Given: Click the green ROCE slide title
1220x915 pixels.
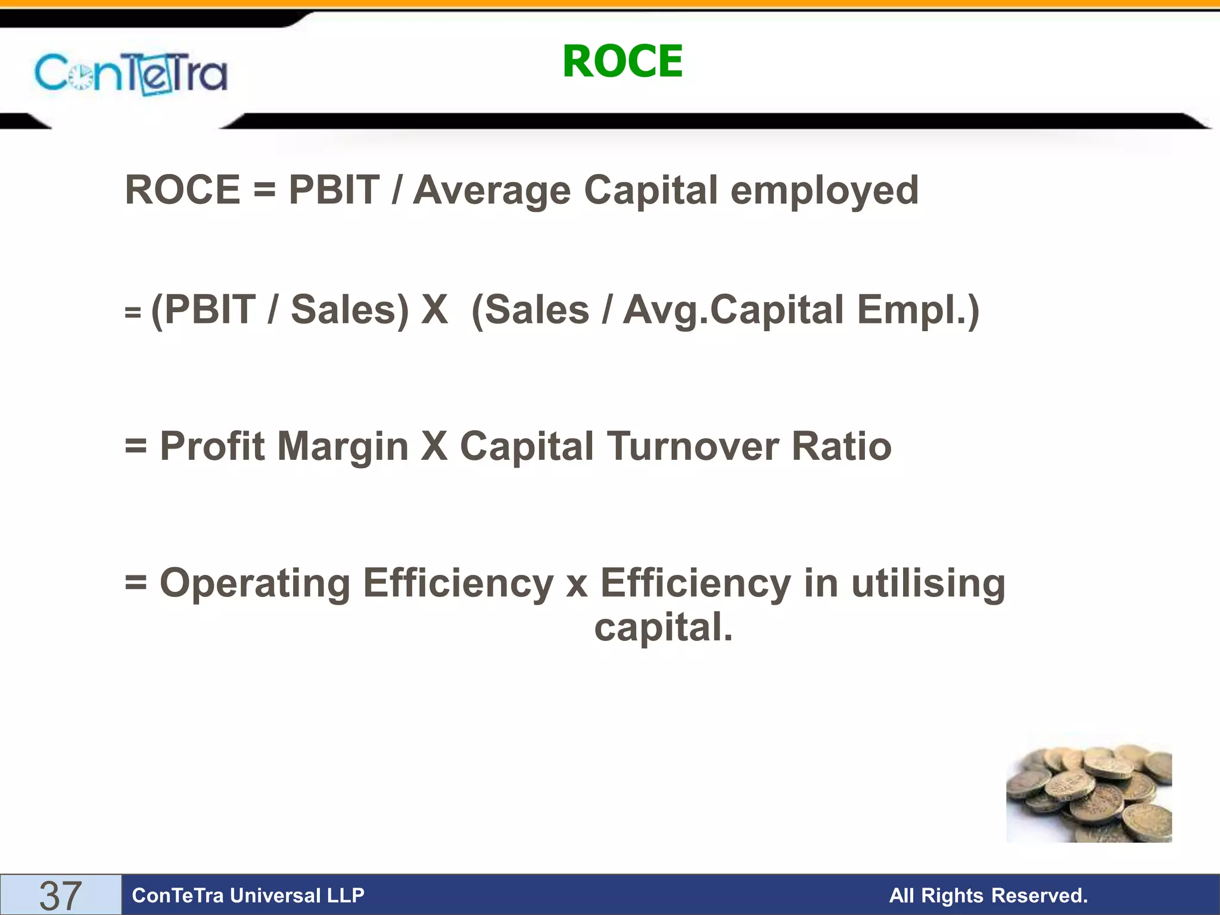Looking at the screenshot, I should [623, 61].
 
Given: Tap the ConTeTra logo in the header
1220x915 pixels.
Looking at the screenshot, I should [131, 74].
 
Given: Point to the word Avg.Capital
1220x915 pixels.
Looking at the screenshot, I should [733, 311].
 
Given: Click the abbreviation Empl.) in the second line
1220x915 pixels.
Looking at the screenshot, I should [918, 311].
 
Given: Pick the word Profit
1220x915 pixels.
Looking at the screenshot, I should [212, 446].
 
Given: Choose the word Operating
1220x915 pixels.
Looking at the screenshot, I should [255, 583].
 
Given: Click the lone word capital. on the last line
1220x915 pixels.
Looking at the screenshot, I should [664, 628].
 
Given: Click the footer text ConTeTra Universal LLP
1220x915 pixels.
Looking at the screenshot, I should [248, 895].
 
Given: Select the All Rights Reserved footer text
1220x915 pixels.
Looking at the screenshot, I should [988, 895].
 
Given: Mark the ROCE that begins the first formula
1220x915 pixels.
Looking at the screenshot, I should [182, 191].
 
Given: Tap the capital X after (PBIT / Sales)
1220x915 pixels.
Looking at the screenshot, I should [434, 310].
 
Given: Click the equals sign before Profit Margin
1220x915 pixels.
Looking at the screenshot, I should [136, 446].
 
